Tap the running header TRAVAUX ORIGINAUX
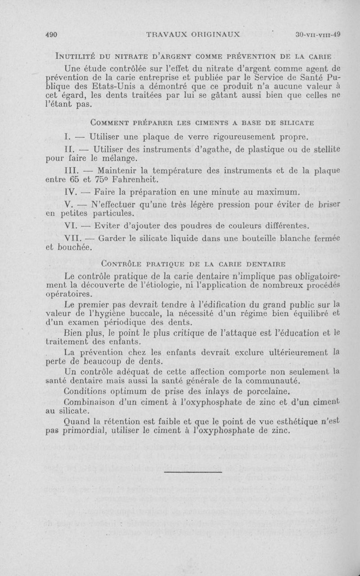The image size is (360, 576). coord(194,34)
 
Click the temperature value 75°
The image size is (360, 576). coord(99,179)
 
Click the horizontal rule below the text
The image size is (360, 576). coord(193,472)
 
